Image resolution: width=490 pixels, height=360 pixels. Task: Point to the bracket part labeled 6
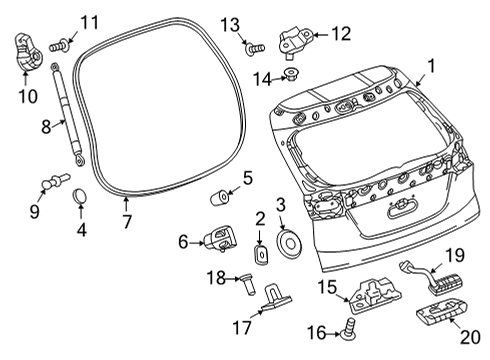(x=219, y=240)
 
